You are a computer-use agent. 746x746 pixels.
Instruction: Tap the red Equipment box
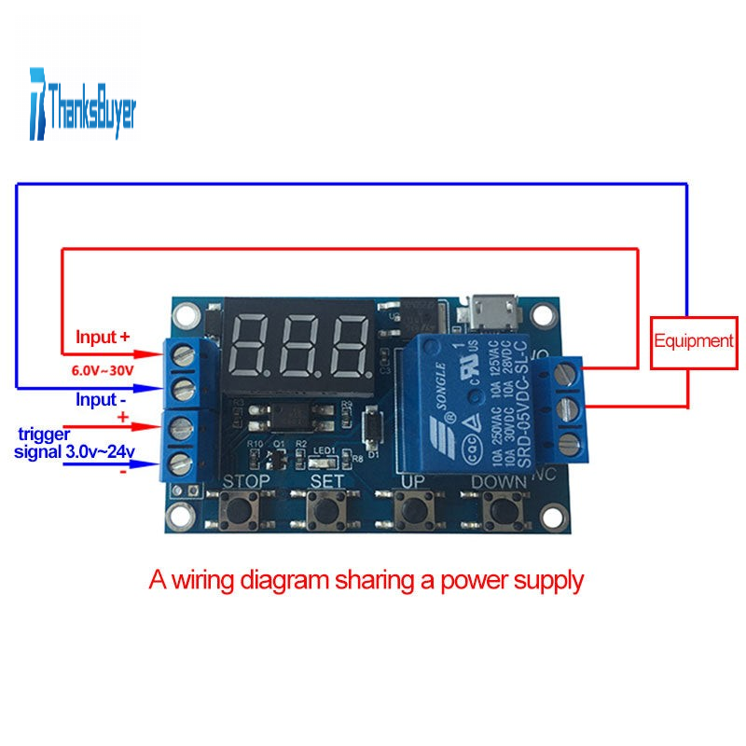(693, 340)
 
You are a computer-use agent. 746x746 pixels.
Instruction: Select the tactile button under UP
(412, 511)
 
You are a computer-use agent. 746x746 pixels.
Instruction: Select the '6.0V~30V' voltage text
(104, 370)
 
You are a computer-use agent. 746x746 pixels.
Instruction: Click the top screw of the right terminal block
(564, 373)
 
